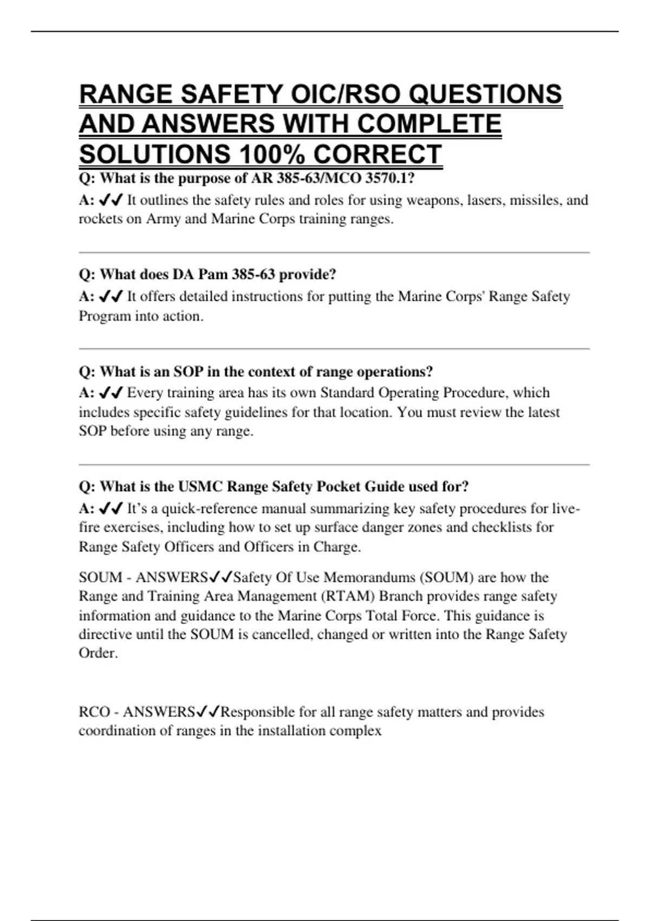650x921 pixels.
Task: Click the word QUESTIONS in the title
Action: tap(485, 94)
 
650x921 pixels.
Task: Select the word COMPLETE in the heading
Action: tap(429, 124)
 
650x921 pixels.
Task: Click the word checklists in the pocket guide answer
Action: tap(499, 527)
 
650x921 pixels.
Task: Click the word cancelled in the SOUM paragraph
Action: tap(282, 634)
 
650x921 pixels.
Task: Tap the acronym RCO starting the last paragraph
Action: tap(94, 712)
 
